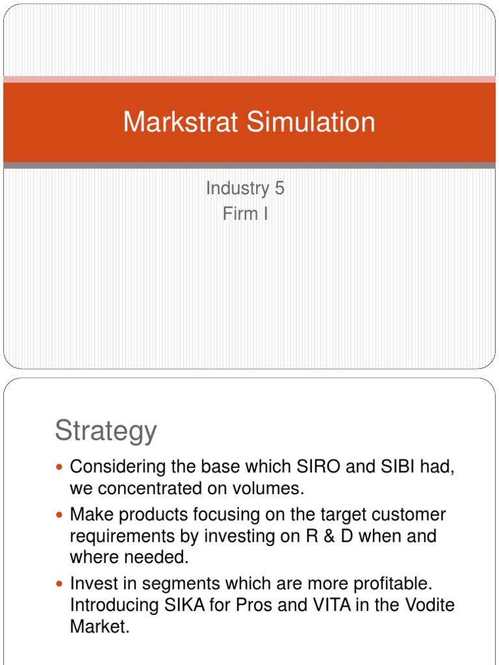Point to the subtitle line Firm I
[x=245, y=214]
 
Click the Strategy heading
[x=106, y=431]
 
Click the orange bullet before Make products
[x=60, y=516]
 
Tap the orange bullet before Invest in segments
[x=60, y=584]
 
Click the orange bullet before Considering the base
[x=60, y=468]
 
